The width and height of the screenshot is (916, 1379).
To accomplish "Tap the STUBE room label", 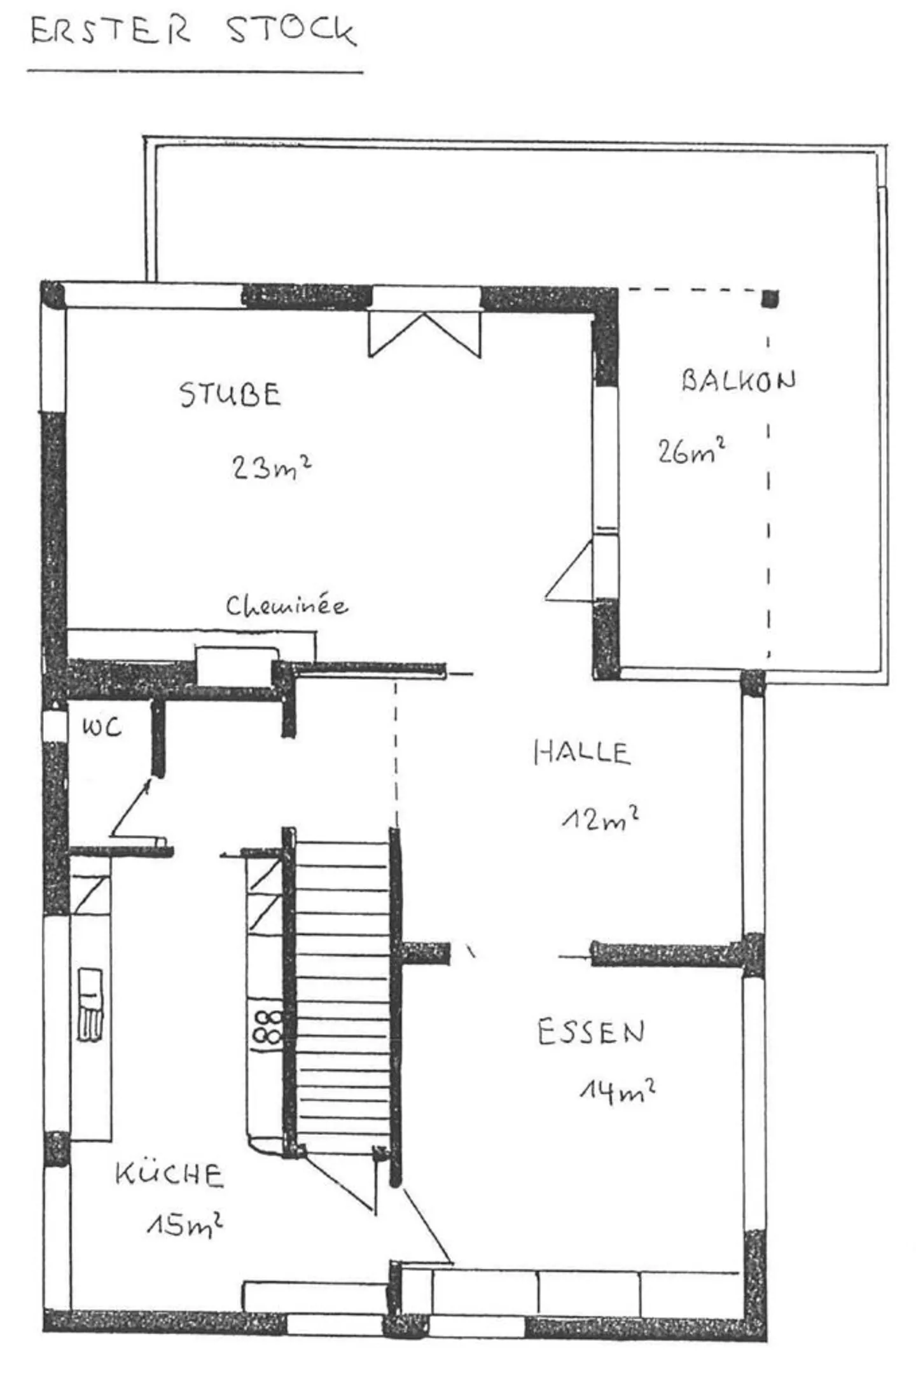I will (230, 394).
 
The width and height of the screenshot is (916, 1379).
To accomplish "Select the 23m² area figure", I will (271, 468).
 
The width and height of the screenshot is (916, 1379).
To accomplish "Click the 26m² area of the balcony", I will (691, 451).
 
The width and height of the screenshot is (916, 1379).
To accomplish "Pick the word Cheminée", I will (287, 606).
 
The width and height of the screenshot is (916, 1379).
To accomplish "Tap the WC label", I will (101, 727).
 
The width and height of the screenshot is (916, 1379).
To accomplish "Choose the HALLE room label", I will (581, 752).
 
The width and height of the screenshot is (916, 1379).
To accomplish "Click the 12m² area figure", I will (600, 819).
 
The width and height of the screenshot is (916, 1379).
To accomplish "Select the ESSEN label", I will (591, 1032).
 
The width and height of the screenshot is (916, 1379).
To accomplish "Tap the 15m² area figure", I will (184, 1224).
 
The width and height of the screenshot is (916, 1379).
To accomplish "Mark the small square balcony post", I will (770, 298).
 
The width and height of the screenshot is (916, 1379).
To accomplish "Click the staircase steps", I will (342, 992).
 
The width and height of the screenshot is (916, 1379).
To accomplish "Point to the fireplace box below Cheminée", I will (236, 666).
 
